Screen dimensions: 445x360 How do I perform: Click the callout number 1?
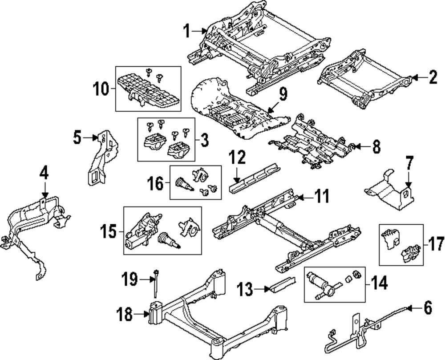tap(186, 31)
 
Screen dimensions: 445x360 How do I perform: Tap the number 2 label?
tap(433, 77)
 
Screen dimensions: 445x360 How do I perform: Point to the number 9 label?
tap(283, 94)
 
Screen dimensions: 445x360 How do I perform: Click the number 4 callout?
tap(44, 173)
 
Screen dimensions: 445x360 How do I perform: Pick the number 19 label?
tap(130, 279)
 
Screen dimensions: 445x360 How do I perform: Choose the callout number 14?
tap(379, 283)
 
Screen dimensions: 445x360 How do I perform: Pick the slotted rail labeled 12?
tap(255, 178)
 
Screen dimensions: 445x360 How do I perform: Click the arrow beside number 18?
tap(143, 314)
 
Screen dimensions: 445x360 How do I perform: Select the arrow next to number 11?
tap(305, 197)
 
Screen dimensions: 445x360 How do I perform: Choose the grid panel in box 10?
tap(148, 91)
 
